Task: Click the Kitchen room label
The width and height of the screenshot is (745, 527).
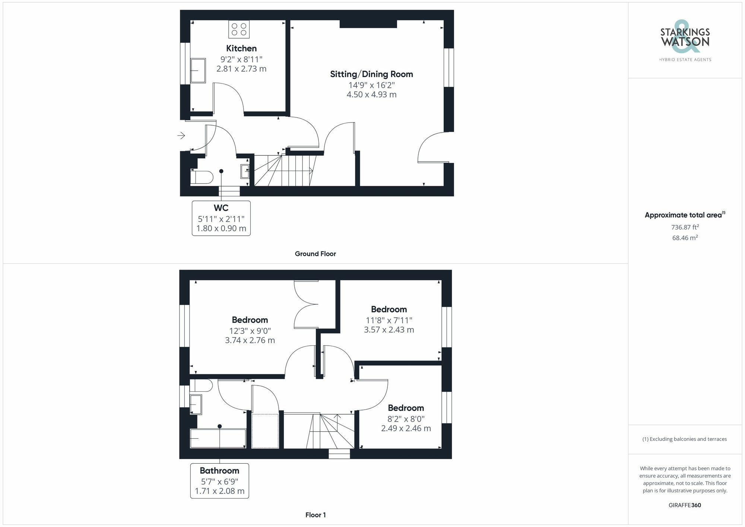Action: [x=241, y=48]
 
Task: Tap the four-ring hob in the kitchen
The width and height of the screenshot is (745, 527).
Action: [x=239, y=29]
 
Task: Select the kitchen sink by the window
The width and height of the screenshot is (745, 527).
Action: [x=198, y=70]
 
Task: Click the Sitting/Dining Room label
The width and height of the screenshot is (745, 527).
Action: [x=371, y=74]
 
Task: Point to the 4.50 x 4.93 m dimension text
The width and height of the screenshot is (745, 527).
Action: [x=371, y=95]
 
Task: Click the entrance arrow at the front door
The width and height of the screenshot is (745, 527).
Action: [x=181, y=136]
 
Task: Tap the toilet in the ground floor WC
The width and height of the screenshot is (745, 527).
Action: [x=202, y=177]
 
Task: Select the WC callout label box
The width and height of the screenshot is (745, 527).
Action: [x=221, y=218]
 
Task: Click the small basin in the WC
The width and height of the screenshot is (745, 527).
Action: [x=245, y=171]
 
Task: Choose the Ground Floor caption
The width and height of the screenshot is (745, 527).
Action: [x=315, y=254]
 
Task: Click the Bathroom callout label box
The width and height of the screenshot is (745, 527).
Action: [x=219, y=481]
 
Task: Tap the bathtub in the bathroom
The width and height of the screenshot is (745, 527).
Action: [x=218, y=438]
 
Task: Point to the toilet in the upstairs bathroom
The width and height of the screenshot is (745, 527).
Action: [x=201, y=385]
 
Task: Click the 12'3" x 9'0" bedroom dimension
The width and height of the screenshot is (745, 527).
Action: [x=250, y=331]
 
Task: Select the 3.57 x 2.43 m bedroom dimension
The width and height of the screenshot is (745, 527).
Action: [x=389, y=330]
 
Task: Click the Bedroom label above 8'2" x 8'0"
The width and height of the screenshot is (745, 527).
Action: [x=406, y=408]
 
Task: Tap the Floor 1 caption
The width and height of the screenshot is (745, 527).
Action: [x=316, y=515]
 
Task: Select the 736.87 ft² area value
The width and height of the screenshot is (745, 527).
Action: [x=685, y=227]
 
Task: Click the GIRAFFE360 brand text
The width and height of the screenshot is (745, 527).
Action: [x=685, y=505]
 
